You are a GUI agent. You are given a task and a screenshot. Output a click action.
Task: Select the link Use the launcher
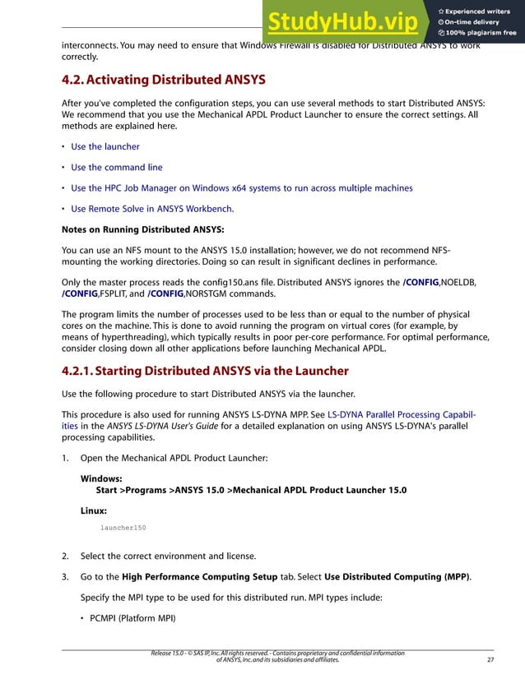click(105, 146)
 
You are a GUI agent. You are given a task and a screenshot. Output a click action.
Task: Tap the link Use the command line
click(116, 167)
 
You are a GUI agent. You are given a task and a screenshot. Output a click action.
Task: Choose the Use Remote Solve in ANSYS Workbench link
click(152, 209)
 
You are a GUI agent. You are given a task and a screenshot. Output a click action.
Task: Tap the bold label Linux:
click(94, 510)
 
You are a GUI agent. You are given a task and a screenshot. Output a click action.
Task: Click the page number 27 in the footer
click(490, 659)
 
